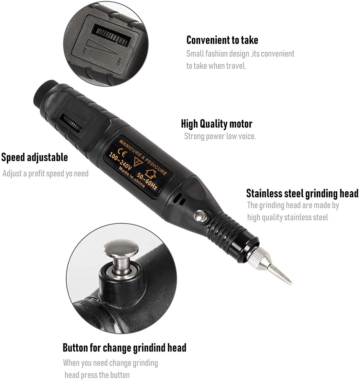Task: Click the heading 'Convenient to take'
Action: [222, 40]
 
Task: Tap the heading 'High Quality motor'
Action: [216, 124]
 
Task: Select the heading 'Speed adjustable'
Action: [35, 157]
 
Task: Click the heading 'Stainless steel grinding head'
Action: [302, 193]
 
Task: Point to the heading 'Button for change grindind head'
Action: [124, 347]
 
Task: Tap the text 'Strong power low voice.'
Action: [220, 136]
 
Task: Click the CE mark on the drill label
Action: [122, 154]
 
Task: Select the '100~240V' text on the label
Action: [120, 162]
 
